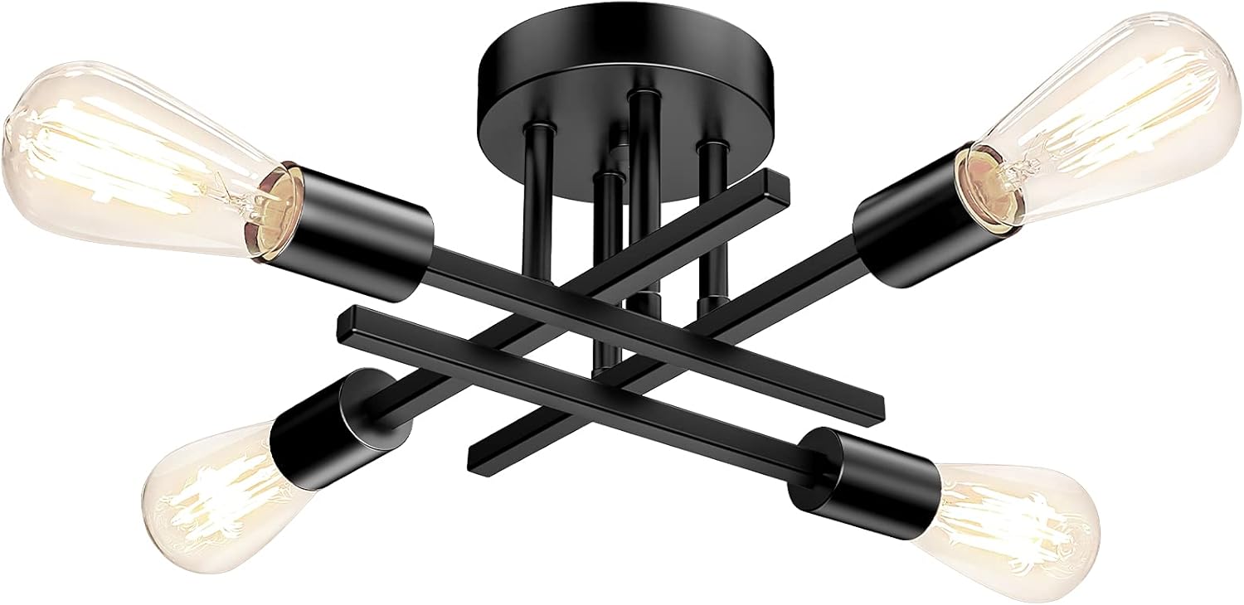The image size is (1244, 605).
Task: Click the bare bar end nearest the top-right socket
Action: [775, 178]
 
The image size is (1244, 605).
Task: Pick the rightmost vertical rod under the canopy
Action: [709, 232]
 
